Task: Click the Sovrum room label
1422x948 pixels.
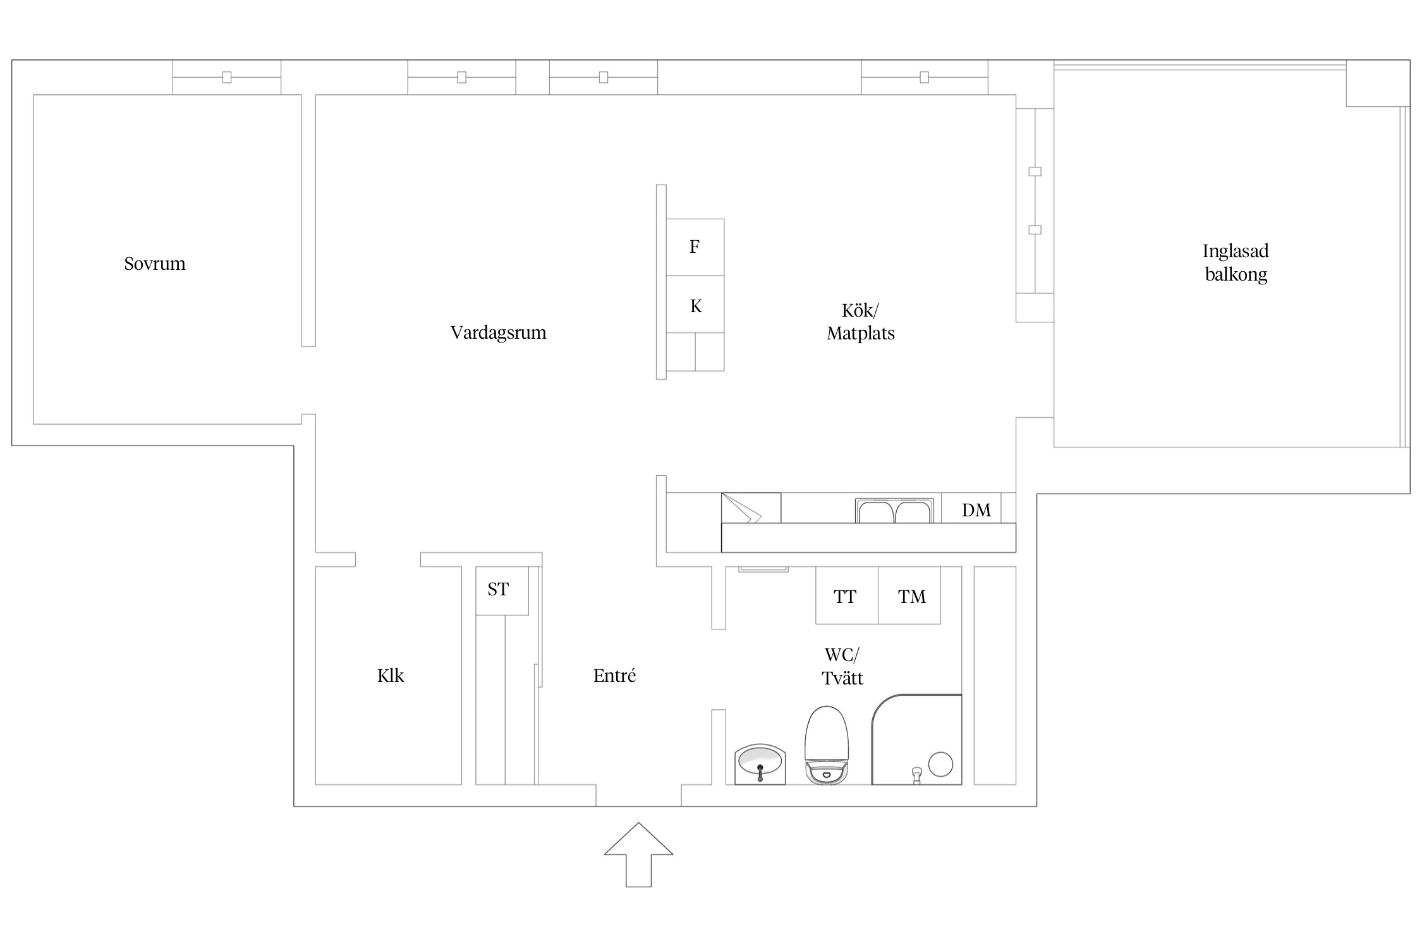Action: coord(155,264)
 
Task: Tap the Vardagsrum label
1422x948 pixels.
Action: coord(498,332)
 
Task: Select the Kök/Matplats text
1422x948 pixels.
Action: coord(861,322)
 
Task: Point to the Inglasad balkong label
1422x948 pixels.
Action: coord(1236,262)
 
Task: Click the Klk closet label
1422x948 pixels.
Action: coord(391,676)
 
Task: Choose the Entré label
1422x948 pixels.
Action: coord(614,676)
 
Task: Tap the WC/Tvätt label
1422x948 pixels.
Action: coord(842,667)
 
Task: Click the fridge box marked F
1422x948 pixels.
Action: coord(695,247)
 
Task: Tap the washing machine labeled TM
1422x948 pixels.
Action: coord(909,595)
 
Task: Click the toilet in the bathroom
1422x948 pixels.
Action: coord(826,745)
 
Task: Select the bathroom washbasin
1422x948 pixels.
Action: coord(760,764)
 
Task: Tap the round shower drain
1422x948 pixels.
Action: coord(941,764)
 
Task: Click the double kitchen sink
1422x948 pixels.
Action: coord(894,511)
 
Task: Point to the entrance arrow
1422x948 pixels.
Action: coord(638,854)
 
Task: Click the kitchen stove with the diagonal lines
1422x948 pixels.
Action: coord(751,508)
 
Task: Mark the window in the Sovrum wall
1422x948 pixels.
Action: coord(227,77)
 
